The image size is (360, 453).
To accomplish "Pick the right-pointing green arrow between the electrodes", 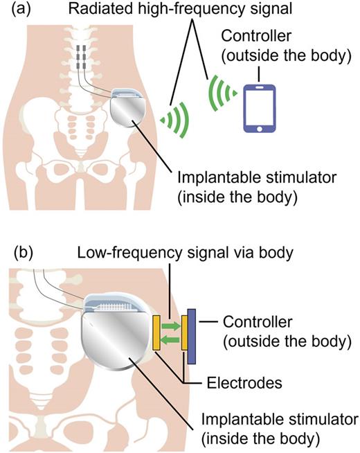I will tap(172, 323).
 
